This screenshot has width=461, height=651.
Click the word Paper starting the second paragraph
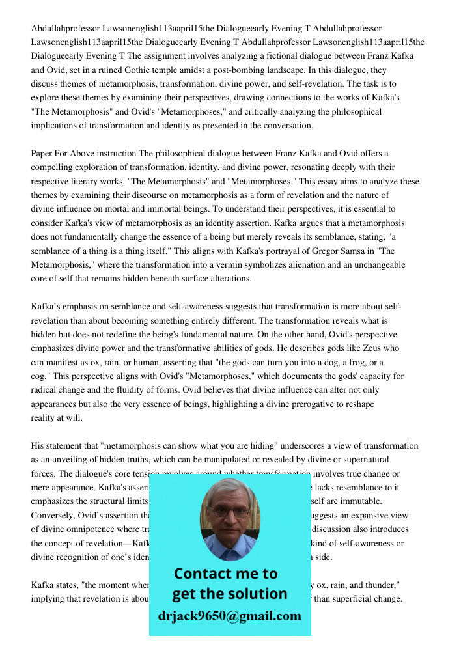point(42,154)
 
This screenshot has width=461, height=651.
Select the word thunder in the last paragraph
point(376,585)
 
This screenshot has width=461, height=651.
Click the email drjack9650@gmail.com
point(229,616)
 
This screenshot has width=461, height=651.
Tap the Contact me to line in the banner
point(225,574)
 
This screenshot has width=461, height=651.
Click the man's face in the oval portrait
point(230,516)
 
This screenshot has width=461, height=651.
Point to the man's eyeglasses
point(230,512)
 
